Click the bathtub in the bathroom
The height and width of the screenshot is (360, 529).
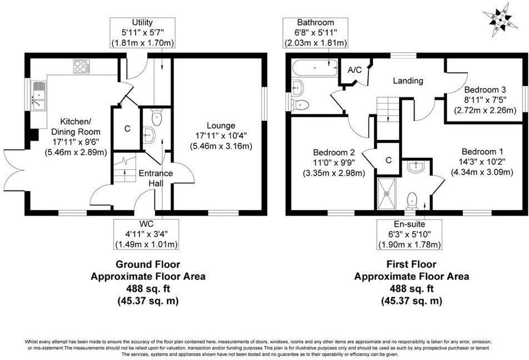coord(314,69)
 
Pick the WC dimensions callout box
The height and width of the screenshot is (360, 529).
coord(146,234)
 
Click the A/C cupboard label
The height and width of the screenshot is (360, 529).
coord(355,70)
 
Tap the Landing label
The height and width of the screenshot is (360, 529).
coord(408,81)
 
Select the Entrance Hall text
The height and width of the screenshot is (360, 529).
coord(156,178)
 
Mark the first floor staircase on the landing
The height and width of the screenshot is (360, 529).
coord(388,117)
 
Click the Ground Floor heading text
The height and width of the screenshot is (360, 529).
coord(147,264)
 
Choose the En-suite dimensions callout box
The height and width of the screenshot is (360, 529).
coord(410,234)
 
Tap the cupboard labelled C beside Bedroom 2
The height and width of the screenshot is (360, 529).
coord(388,159)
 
